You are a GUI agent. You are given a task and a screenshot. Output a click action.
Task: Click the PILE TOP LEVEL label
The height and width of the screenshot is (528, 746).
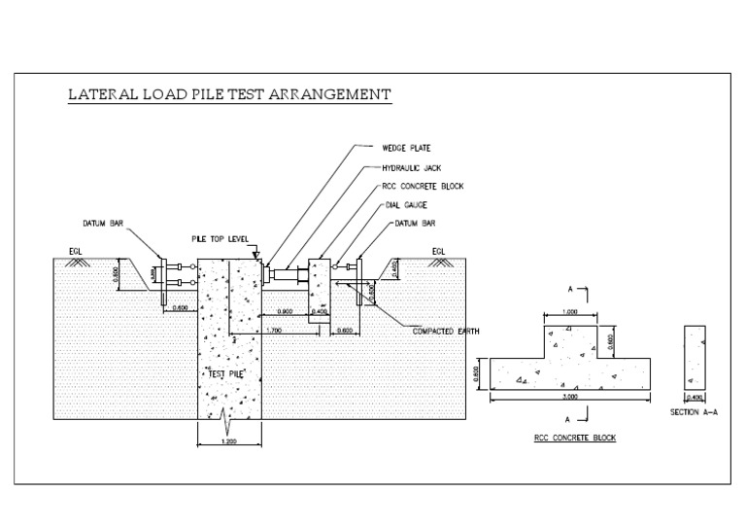[x=220, y=239]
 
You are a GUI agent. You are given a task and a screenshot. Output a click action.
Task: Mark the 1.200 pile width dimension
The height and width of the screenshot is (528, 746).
[x=229, y=441]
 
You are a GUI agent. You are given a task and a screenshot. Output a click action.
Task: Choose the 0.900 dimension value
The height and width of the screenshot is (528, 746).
[x=285, y=312]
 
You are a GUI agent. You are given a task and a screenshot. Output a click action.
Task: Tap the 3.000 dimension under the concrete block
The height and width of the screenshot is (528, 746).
[x=571, y=398]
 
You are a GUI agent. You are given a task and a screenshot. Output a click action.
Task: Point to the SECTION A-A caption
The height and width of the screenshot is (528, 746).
[x=695, y=412]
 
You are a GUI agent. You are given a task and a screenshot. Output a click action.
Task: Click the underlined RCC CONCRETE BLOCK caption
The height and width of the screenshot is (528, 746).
[x=574, y=438]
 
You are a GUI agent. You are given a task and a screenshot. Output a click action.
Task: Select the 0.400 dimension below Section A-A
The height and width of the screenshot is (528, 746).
[x=695, y=397]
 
